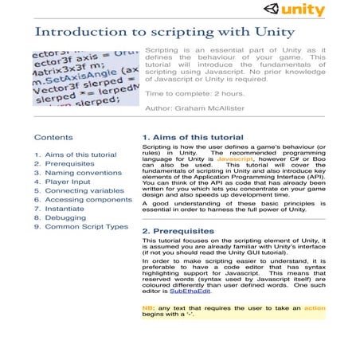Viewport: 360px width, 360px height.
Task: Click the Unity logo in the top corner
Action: (x=301, y=10)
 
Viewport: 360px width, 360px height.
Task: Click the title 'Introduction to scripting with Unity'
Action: (x=164, y=33)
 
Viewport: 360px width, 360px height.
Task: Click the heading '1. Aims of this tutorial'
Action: (x=192, y=137)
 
